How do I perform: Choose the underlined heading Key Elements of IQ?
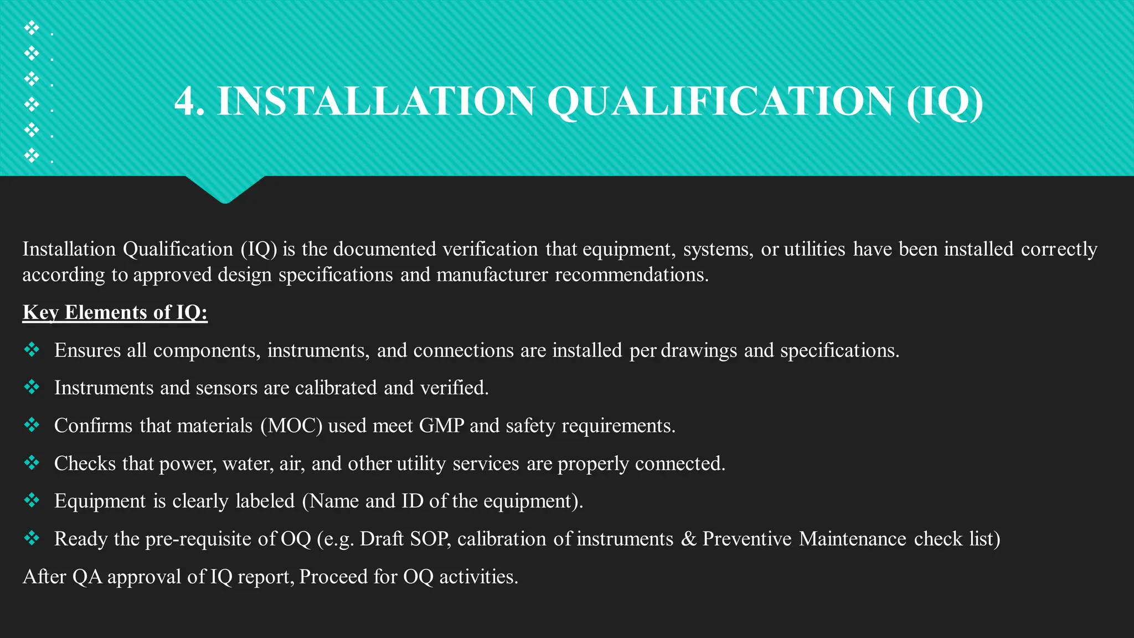[115, 312]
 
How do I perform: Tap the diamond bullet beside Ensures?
[32, 349]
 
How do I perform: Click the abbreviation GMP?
[441, 426]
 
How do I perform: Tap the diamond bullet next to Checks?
[32, 462]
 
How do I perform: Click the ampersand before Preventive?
[688, 539]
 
